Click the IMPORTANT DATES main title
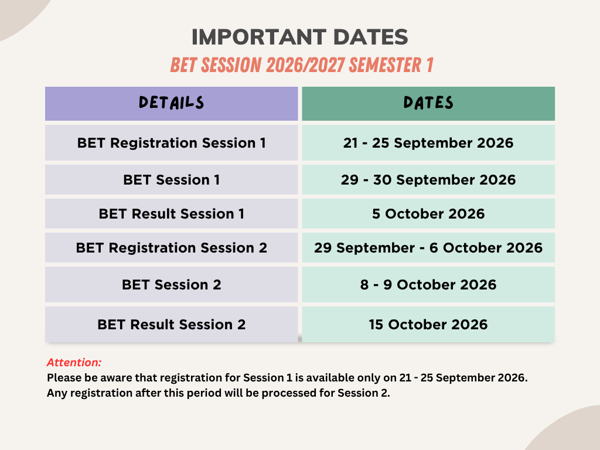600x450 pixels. pos(299,37)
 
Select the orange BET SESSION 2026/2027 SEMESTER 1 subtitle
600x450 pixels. pos(302,65)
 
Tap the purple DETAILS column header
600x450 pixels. pos(172,103)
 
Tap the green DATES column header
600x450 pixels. pos(428,103)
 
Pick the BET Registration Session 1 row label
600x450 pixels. pos(172,143)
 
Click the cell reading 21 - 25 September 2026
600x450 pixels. pos(428,143)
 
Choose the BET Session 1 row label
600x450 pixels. pos(172,180)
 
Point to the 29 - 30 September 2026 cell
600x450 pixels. pos(428,180)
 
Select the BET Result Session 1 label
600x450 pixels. pos(172,213)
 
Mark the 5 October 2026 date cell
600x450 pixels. pos(428,213)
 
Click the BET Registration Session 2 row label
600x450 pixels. pos(172,248)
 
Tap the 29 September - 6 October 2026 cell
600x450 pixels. pos(428,248)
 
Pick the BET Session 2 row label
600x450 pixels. pos(172,285)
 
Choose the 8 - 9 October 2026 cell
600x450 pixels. pos(428,285)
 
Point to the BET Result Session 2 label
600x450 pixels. pos(172,325)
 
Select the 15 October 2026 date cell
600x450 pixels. pos(428,325)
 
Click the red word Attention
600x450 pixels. pos(74,362)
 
